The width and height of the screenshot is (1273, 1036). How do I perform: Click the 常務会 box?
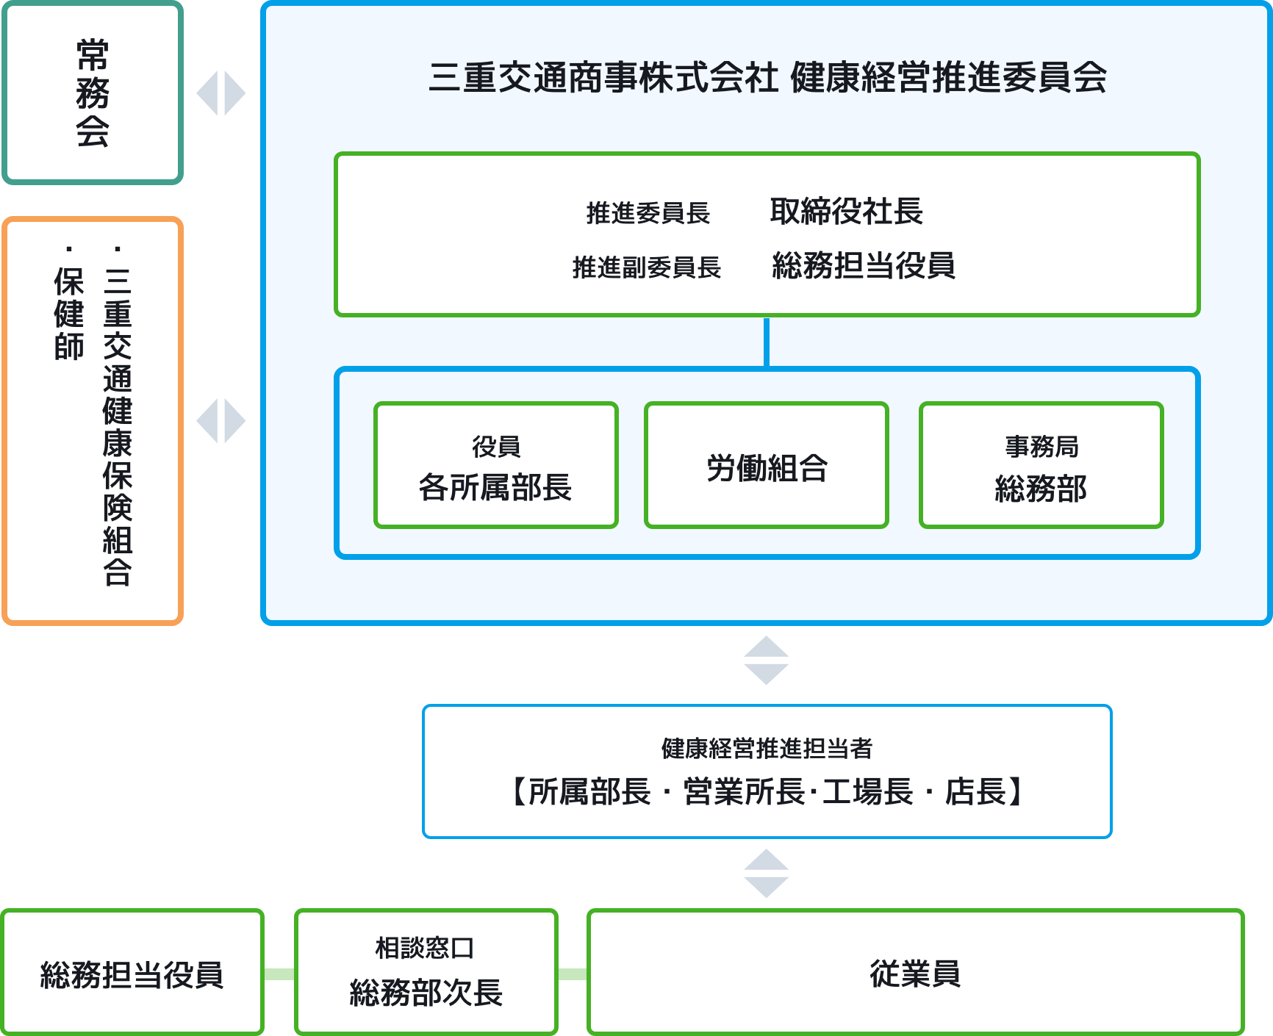pyautogui.click(x=93, y=93)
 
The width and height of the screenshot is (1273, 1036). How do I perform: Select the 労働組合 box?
pyautogui.click(x=767, y=466)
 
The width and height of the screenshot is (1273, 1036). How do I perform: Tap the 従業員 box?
pyautogui.click(x=915, y=973)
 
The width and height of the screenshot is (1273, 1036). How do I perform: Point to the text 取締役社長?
pyautogui.click(x=846, y=212)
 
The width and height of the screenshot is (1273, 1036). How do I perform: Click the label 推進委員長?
pyautogui.click(x=648, y=213)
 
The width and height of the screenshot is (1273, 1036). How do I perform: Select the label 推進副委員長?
pyautogui.click(x=646, y=267)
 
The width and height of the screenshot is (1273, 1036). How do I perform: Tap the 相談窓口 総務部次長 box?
pyautogui.click(x=426, y=973)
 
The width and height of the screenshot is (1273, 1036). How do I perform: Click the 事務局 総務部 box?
pyautogui.click(x=1041, y=466)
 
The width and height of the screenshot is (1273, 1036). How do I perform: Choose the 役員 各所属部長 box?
pyautogui.click(x=495, y=466)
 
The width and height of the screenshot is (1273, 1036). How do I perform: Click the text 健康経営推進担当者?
pyautogui.click(x=767, y=749)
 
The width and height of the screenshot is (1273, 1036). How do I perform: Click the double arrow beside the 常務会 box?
pyautogui.click(x=220, y=93)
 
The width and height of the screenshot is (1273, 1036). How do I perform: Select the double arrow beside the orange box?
pyautogui.click(x=220, y=421)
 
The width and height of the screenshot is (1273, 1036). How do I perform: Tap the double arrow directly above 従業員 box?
pyautogui.click(x=766, y=874)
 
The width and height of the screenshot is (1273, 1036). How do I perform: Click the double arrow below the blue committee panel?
pyautogui.click(x=766, y=661)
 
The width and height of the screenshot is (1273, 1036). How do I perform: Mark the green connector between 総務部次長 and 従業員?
pyautogui.click(x=573, y=974)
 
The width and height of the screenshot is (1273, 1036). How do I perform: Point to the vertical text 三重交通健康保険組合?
pyautogui.click(x=118, y=426)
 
